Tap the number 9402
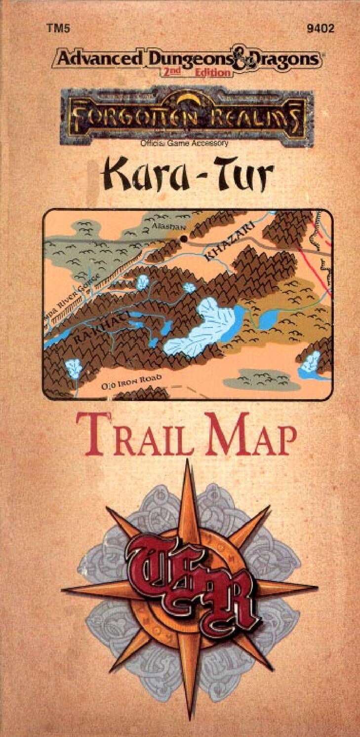(320, 29)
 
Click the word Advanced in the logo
(96, 60)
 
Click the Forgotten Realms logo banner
(187, 116)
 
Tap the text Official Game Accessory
(184, 143)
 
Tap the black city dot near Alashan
(184, 238)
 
